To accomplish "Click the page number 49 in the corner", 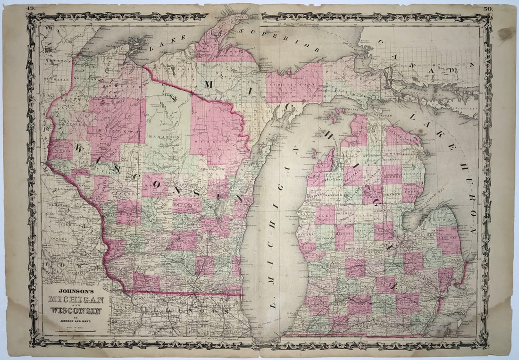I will (x=31, y=8).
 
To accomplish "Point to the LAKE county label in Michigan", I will (x=325, y=212).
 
